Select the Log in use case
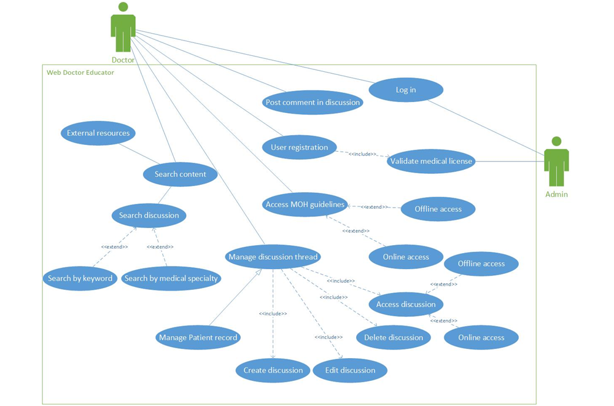[x=406, y=90]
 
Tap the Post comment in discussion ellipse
[x=313, y=103]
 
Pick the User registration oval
[x=300, y=147]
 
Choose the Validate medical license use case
[x=432, y=162]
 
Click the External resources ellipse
[x=98, y=133]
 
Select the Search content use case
[x=180, y=174]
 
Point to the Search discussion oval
[x=149, y=216]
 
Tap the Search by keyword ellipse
[x=80, y=278]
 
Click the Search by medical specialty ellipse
[x=171, y=278]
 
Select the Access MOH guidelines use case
[x=305, y=205]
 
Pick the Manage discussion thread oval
[x=273, y=257]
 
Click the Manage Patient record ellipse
[x=198, y=338]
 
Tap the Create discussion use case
[x=273, y=370]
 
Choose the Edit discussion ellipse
[x=350, y=370]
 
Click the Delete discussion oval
[x=394, y=337]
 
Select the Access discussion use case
[x=406, y=304]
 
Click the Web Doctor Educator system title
[x=80, y=72]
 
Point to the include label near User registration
[x=362, y=154]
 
